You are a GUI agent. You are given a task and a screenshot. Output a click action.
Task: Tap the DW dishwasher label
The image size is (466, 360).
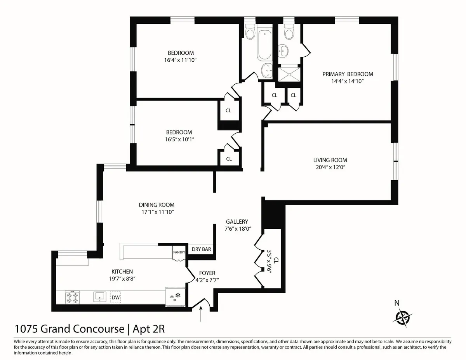click(x=115, y=297)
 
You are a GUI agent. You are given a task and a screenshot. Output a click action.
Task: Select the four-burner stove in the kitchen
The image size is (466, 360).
click(x=72, y=297)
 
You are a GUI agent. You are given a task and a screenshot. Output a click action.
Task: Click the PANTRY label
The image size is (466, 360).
click(x=179, y=252)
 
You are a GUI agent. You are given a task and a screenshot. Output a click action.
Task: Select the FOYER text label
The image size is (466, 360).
click(x=207, y=273)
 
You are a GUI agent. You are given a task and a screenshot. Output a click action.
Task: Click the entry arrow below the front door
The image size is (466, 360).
click(x=201, y=314)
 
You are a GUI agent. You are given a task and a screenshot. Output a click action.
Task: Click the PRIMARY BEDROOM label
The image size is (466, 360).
click(x=348, y=74)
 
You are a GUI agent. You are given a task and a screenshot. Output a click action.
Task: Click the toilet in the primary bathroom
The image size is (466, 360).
click(x=289, y=32)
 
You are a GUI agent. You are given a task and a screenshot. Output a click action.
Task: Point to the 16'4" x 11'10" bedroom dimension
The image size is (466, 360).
click(x=181, y=60)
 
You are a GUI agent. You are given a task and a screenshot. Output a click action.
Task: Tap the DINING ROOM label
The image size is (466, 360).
click(x=156, y=205)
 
